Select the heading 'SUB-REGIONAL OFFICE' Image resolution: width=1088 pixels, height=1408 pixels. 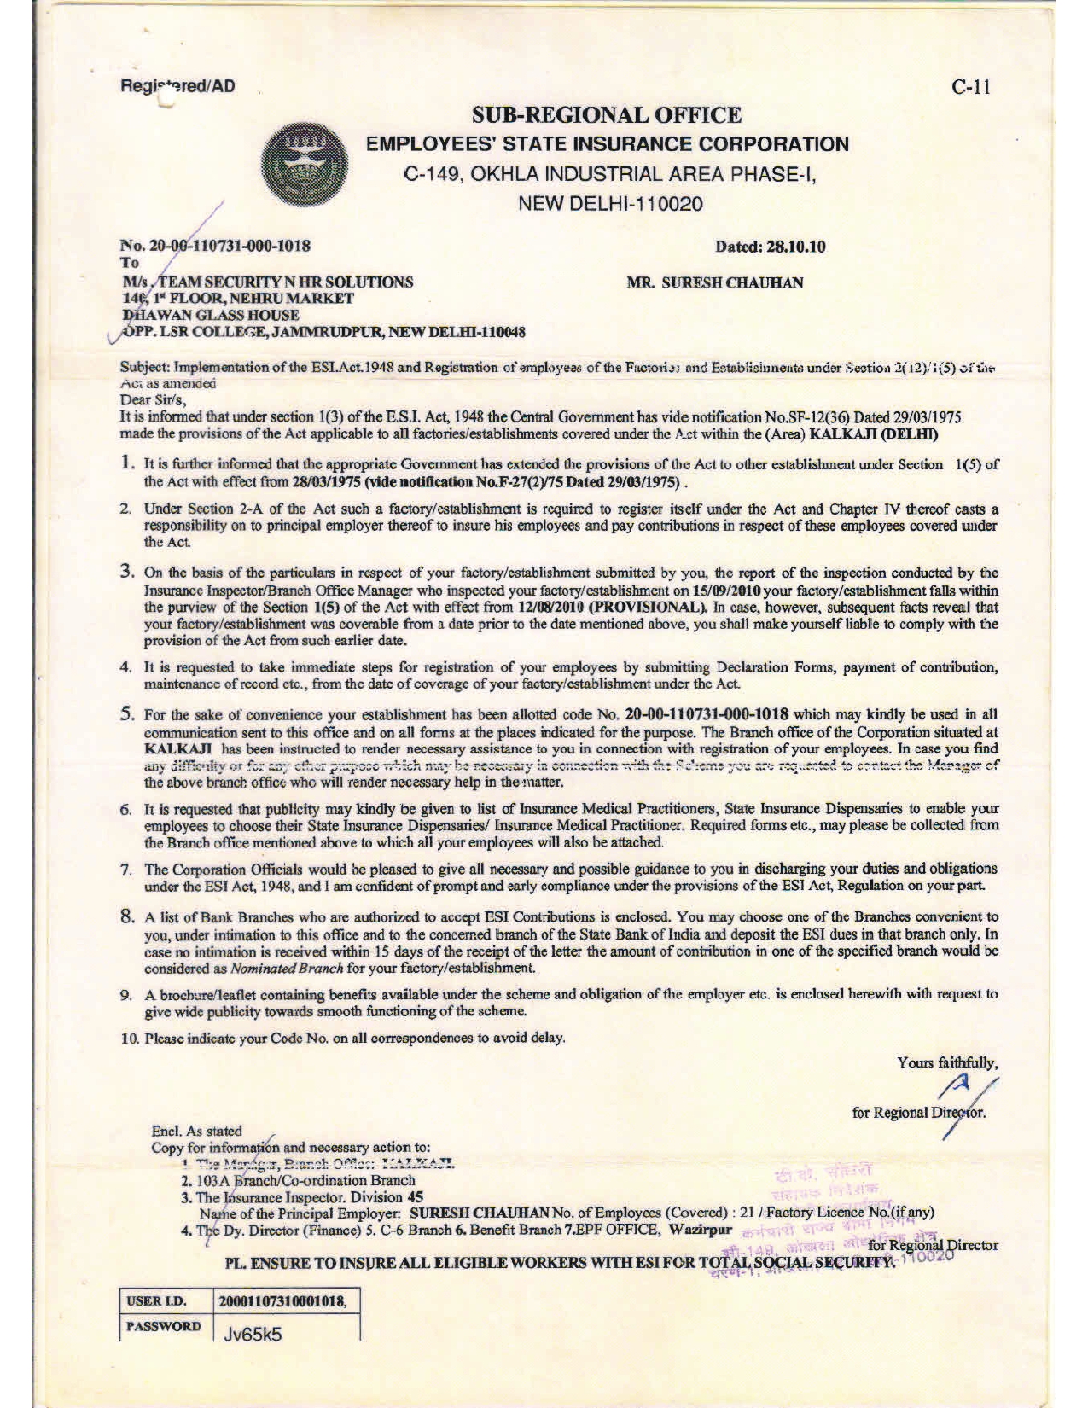[x=607, y=114]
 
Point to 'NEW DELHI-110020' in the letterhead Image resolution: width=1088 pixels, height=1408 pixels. [x=607, y=204]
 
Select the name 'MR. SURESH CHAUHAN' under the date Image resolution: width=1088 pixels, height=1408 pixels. [x=715, y=282]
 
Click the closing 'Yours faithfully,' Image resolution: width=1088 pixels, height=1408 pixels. [x=946, y=1062]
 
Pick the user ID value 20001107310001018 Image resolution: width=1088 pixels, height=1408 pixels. [x=282, y=1301]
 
